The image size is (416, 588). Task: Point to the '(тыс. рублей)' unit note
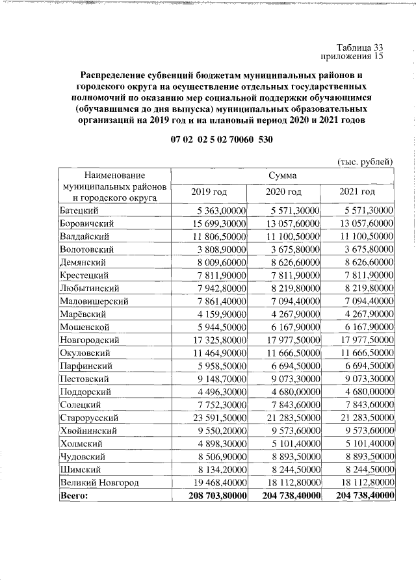(365, 162)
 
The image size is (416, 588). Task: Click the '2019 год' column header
(209, 192)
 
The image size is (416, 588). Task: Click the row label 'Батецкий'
(79, 211)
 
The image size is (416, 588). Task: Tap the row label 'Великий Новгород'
(99, 482)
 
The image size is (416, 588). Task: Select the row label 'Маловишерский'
(94, 301)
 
